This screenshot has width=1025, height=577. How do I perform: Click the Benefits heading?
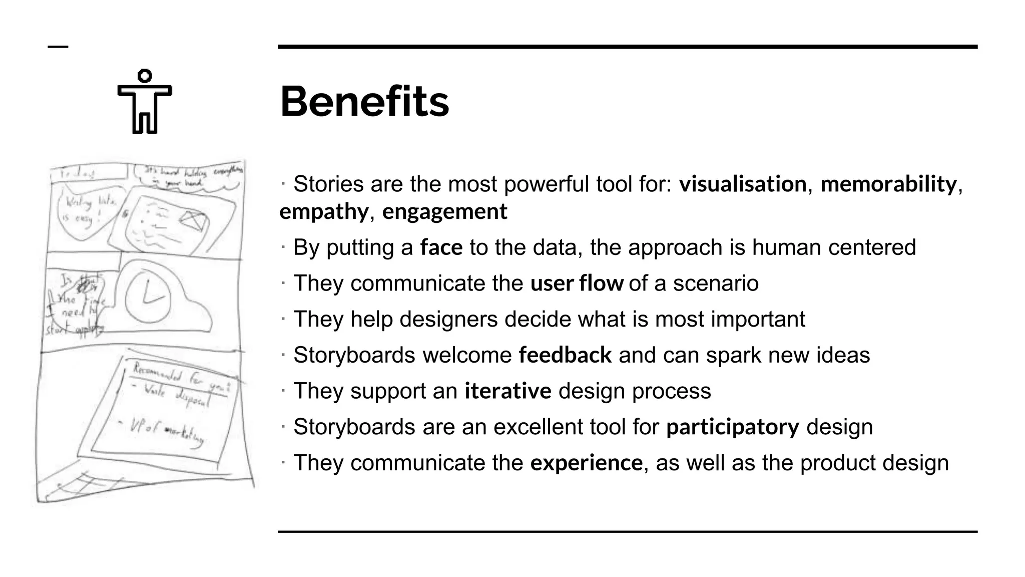coord(364,102)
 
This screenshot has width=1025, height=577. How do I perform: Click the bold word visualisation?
coord(743,184)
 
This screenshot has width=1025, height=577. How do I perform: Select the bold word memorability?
coord(888,184)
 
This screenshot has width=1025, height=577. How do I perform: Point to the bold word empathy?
coord(324,211)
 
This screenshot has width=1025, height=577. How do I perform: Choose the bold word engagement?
coord(444,211)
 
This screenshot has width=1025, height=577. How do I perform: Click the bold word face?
coord(441,247)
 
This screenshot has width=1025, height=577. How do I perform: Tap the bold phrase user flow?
coord(577,283)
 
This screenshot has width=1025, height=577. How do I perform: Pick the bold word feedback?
coord(565,355)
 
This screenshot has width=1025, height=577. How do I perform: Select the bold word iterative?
coord(507,391)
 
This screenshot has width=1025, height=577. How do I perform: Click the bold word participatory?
coord(733,427)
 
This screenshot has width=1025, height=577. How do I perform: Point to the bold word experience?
coord(586,463)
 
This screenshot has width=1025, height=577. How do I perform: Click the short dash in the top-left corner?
coord(58,47)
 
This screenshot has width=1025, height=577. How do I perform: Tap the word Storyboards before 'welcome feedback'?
coord(354,355)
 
